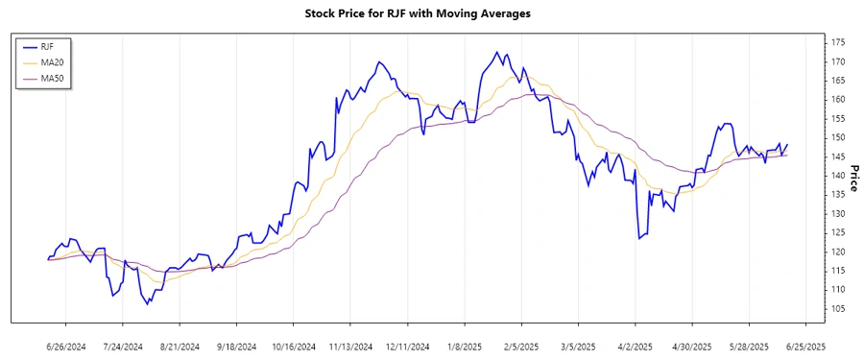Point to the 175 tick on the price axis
coord(837,43)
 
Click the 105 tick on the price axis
coord(837,308)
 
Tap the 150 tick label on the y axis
coord(837,137)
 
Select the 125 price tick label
coord(837,232)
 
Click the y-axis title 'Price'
coord(854,176)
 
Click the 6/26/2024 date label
coord(66,346)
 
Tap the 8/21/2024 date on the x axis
coord(180,346)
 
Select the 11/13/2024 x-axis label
coord(350,346)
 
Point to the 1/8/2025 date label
coord(464,346)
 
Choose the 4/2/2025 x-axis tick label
coord(635,346)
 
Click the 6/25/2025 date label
coord(804,346)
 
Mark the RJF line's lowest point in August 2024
coord(148,304)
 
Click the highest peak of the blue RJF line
coord(496,52)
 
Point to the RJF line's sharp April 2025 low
coord(638,238)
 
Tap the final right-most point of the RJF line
coord(787,145)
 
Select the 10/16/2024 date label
coord(294,346)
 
